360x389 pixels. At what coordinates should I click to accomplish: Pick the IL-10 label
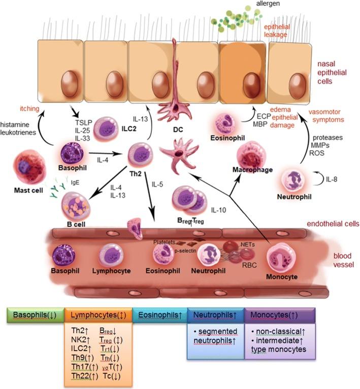(218, 210)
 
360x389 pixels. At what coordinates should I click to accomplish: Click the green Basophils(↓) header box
(34, 313)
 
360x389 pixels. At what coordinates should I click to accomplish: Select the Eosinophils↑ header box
(159, 313)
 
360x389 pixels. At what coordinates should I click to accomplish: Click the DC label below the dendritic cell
(178, 129)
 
